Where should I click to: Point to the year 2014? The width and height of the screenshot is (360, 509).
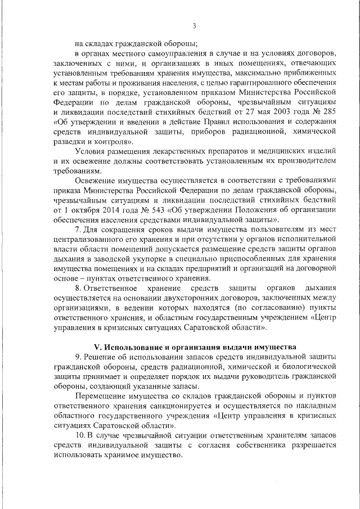[112, 209]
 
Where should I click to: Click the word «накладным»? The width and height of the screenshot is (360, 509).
[313, 405]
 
